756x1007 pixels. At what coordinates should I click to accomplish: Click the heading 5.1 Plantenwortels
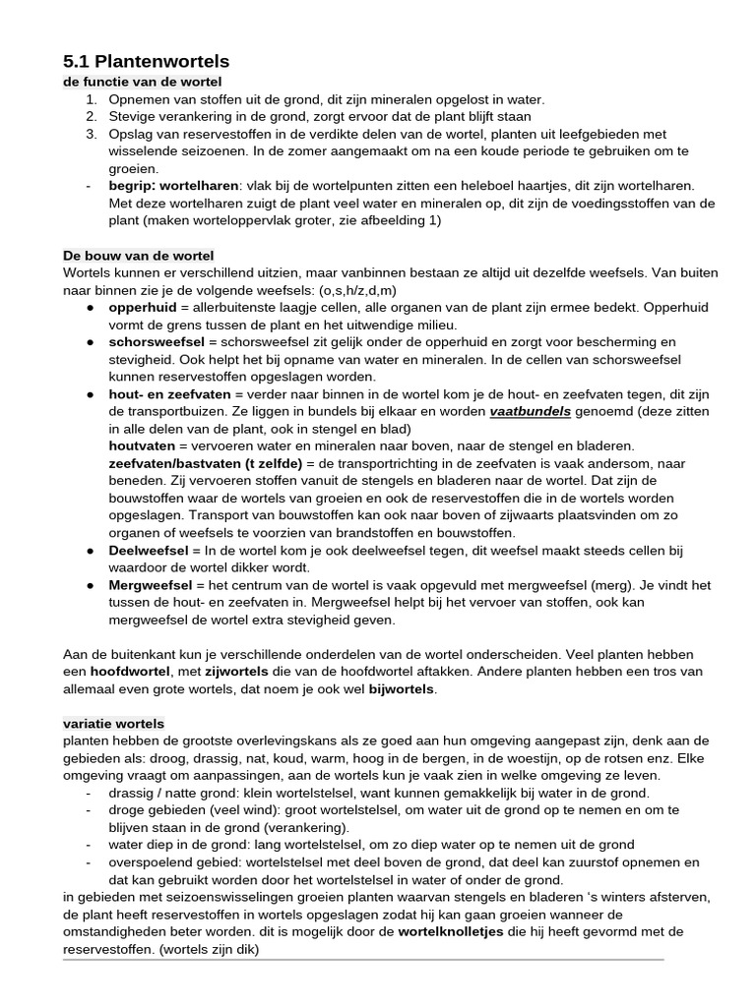pyautogui.click(x=147, y=61)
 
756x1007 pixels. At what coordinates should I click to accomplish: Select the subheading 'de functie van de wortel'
pyautogui.click(x=143, y=82)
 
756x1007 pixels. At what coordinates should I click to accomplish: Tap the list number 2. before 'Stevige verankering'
pyautogui.click(x=91, y=116)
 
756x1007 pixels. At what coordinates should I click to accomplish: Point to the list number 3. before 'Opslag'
pyautogui.click(x=91, y=134)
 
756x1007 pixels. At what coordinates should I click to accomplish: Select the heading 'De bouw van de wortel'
pyautogui.click(x=139, y=256)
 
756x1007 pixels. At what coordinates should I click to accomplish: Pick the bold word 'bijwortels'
pyautogui.click(x=401, y=689)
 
